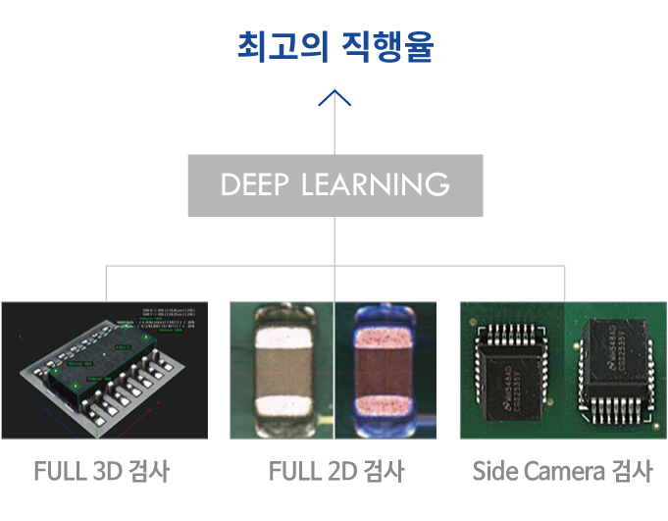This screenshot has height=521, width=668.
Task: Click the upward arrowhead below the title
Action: click(334, 98)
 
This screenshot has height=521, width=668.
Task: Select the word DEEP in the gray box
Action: click(257, 184)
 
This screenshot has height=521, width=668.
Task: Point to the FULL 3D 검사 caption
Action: click(102, 471)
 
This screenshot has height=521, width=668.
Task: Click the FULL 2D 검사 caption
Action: click(335, 471)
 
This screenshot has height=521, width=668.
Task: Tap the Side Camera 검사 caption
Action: click(562, 471)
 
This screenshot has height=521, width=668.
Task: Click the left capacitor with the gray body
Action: click(283, 370)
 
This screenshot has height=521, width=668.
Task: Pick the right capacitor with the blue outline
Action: click(387, 370)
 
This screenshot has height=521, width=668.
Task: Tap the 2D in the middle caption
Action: click(338, 471)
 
